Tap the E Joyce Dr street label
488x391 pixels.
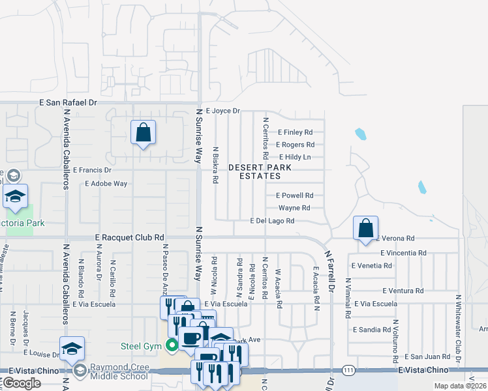coord(223,111)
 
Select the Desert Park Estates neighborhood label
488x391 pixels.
coord(260,171)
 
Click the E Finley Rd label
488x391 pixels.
coord(296,132)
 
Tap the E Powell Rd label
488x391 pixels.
coord(295,195)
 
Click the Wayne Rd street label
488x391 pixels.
coord(294,208)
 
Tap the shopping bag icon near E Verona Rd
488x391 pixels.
coord(366,228)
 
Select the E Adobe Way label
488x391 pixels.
coord(106,184)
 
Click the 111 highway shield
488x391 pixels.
coord(350,369)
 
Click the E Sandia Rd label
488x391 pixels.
coord(373,330)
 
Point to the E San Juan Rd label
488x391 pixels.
coord(427,356)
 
